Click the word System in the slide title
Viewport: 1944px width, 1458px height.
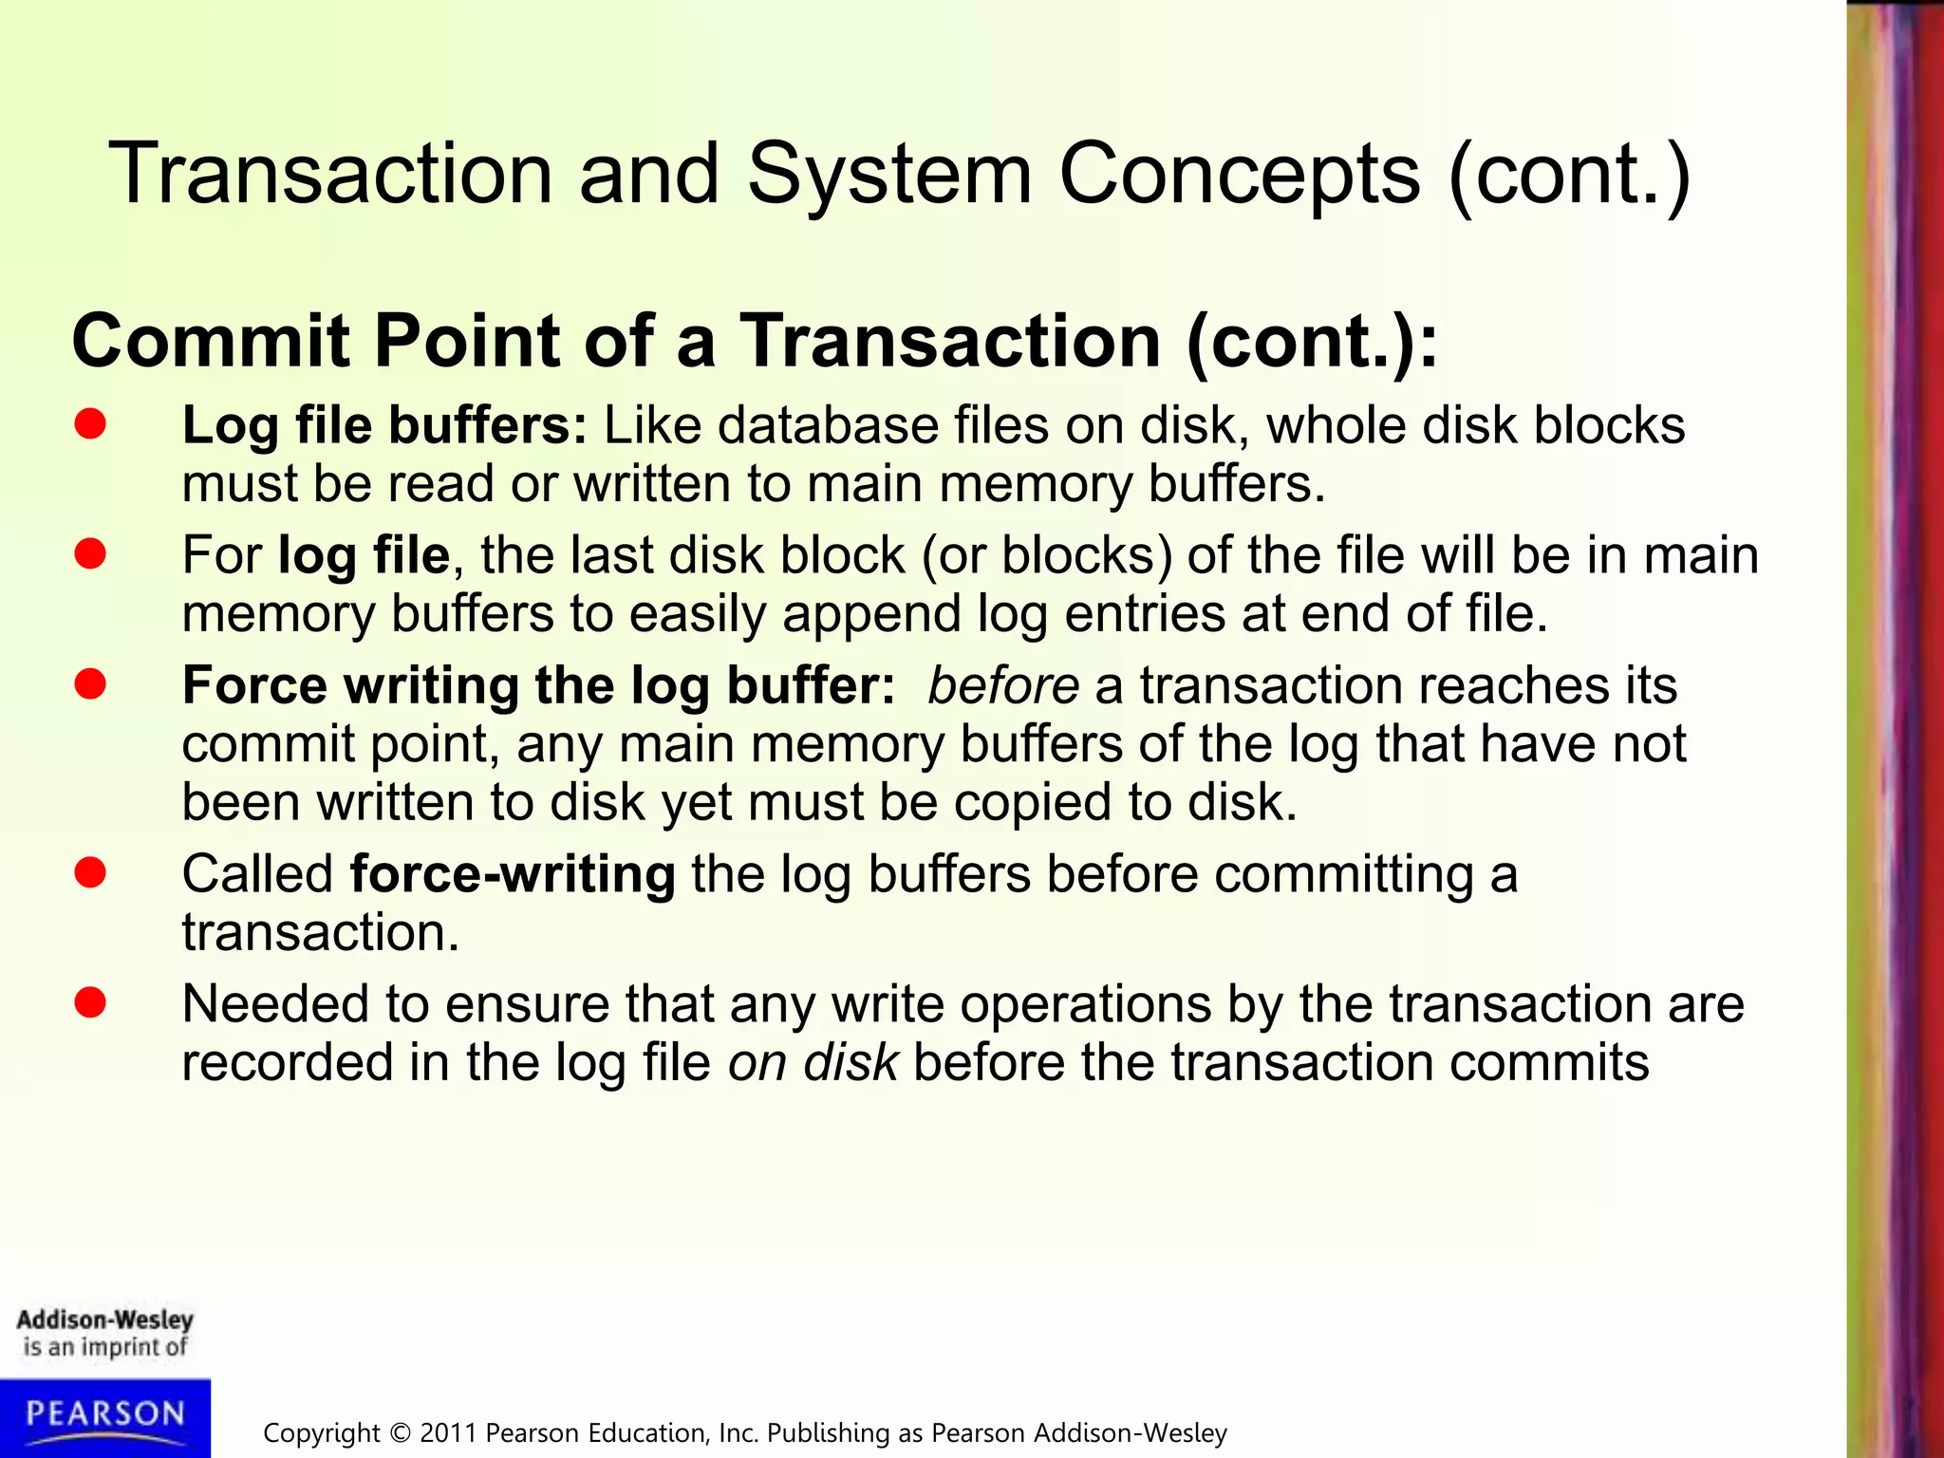888,176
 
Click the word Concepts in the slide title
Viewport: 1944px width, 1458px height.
1239,176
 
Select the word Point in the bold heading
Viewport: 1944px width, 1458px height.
467,341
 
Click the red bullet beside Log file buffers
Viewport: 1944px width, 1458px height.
90,424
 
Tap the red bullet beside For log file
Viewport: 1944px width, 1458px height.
90,554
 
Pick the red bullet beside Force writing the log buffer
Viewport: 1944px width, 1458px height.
90,684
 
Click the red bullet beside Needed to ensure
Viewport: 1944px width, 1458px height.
90,1003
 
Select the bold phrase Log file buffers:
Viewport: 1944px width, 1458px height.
384,425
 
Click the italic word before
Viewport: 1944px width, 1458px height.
1002,685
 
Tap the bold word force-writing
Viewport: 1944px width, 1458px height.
513,874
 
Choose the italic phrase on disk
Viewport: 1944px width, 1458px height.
813,1062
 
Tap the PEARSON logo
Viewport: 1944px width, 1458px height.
105,1415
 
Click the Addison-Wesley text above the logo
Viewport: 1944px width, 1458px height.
104,1319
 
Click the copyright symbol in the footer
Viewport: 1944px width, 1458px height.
400,1433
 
